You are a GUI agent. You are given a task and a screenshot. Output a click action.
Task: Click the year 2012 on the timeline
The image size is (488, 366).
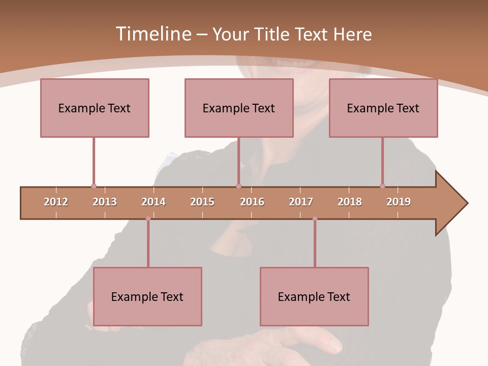point(56,202)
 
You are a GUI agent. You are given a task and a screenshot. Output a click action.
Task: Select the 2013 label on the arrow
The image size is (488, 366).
point(105,202)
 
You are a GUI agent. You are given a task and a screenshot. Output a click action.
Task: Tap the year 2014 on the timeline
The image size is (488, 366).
point(154,202)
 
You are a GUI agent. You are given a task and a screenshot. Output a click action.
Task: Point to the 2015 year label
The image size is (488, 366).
point(202,202)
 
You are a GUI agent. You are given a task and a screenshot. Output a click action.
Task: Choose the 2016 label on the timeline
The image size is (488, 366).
point(252,202)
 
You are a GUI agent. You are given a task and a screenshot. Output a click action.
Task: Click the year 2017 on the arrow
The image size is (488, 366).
point(301,202)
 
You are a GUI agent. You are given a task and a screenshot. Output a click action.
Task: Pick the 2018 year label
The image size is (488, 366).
point(350,202)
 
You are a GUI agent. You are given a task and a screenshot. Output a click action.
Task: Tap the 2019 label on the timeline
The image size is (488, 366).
point(399,202)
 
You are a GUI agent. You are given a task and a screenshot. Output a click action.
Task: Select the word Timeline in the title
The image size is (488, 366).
point(152,34)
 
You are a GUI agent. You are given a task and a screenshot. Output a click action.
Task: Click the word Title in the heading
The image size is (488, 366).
point(273,34)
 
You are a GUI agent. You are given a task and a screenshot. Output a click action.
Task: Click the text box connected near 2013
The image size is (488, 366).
point(95,108)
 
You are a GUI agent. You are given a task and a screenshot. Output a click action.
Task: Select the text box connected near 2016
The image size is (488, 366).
point(239,108)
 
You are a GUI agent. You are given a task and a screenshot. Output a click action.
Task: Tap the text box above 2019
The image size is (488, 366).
point(383,108)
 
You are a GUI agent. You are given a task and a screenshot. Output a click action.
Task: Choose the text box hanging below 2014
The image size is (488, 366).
point(147,296)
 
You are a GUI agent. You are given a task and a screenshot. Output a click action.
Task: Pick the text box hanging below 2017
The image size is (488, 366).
point(314,296)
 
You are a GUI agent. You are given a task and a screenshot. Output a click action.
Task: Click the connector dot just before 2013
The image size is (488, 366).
point(94,187)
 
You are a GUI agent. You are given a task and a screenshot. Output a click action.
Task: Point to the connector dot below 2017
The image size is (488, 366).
point(315,219)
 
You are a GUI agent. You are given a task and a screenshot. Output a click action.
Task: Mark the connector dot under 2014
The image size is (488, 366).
point(148,219)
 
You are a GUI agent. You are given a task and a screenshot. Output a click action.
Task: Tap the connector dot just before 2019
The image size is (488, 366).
point(382,187)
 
